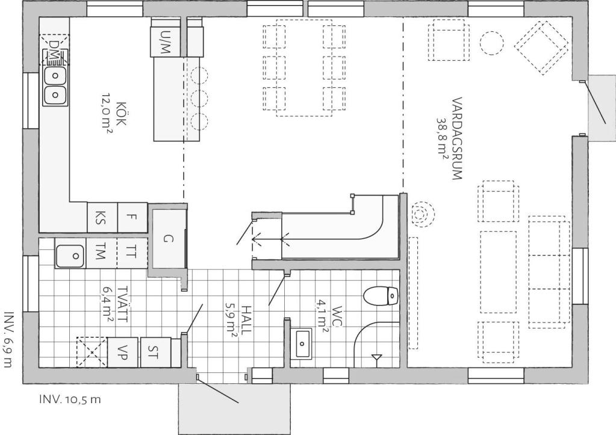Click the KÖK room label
122,114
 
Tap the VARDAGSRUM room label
457,139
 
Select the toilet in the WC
381,296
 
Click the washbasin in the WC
302,344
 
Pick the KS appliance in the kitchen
101,217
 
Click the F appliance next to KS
132,217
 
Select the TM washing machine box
101,254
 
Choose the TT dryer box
132,254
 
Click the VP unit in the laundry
123,352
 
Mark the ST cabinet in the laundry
155,352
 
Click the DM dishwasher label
55,50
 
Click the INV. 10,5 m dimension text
70,399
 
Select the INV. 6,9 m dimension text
8,340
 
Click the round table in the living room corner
492,42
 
